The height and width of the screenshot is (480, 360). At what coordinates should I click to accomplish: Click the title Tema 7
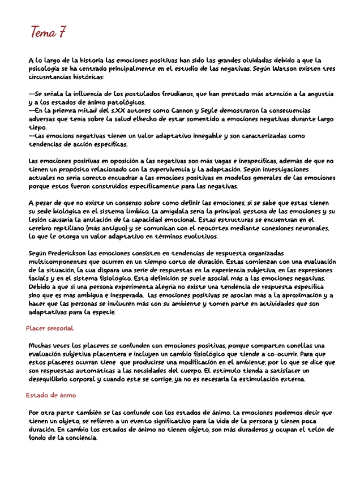click(49, 32)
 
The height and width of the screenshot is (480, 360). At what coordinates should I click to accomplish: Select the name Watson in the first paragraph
click(278, 68)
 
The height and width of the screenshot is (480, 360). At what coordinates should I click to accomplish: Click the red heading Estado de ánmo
click(51, 395)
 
